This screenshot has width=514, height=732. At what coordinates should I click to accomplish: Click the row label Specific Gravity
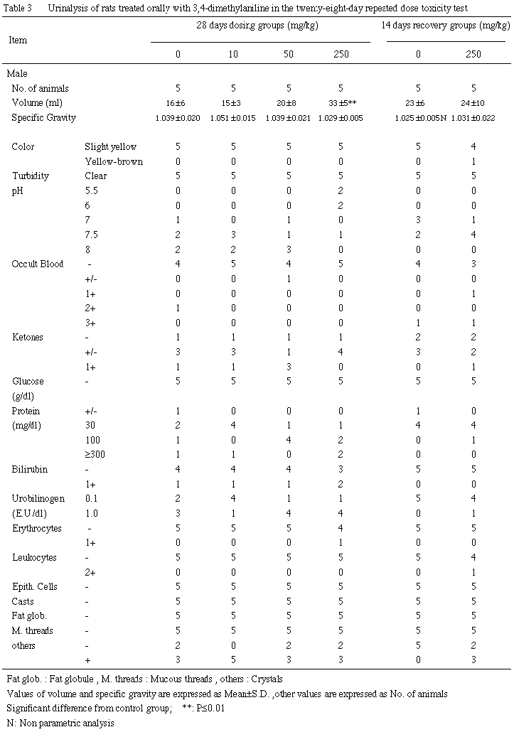pyautogui.click(x=43, y=117)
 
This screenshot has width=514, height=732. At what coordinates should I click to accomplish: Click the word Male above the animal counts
pyautogui.click(x=17, y=73)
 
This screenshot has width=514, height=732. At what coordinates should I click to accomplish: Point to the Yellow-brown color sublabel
pyautogui.click(x=113, y=161)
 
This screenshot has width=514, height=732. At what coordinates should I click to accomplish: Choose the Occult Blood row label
pyautogui.click(x=38, y=264)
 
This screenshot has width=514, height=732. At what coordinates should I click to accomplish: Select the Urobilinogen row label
pyautogui.click(x=38, y=498)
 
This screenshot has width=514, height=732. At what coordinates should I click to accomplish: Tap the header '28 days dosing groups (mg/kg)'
pyautogui.click(x=259, y=25)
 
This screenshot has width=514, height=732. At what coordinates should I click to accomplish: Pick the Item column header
pyautogui.click(x=18, y=40)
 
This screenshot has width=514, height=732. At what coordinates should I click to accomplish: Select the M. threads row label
pyautogui.click(x=33, y=630)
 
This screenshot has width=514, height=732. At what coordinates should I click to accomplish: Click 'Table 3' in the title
pyautogui.click(x=18, y=7)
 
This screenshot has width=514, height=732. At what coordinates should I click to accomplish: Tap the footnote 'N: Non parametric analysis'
pyautogui.click(x=60, y=724)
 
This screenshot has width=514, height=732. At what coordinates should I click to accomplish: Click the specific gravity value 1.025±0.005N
pyautogui.click(x=419, y=117)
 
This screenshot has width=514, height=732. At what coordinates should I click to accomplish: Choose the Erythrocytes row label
pyautogui.click(x=37, y=528)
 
